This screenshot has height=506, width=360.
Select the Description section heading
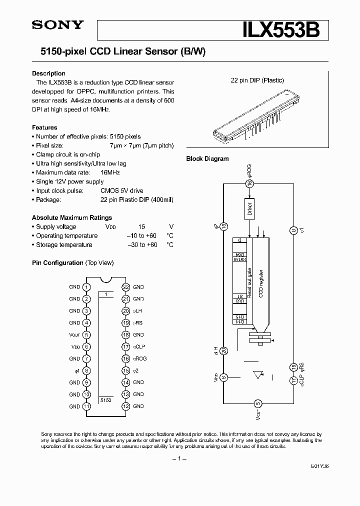point(48,73)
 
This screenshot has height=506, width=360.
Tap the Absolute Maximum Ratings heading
point(72,217)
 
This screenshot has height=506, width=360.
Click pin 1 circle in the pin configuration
point(87,287)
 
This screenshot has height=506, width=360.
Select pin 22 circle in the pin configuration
point(125,287)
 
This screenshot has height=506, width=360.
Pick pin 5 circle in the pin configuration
point(87,335)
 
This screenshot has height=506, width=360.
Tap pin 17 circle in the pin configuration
point(125,346)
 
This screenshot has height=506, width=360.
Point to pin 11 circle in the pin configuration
point(87,406)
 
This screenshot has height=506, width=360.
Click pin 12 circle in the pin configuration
point(125,406)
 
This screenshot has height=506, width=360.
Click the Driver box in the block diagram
point(250,208)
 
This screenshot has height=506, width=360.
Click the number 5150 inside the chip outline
point(105,400)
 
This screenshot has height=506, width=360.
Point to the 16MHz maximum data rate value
point(110,172)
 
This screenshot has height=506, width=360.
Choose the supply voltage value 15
point(141,226)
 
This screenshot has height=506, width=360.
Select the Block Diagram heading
point(207,159)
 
